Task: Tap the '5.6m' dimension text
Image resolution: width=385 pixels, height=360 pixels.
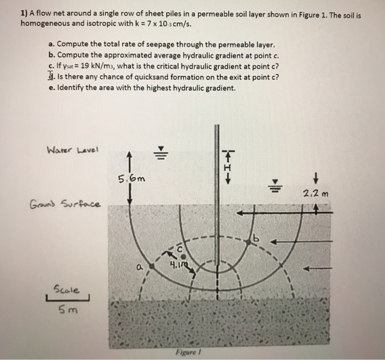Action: tap(132, 178)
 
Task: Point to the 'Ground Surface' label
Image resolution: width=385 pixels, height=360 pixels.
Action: tap(65, 205)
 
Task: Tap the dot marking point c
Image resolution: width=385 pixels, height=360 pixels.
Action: tap(184, 256)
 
